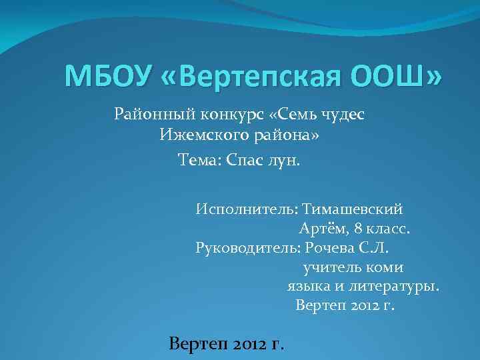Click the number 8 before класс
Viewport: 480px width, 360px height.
tap(359, 229)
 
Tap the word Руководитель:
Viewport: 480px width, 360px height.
tap(247, 249)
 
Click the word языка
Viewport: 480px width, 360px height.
tap(305, 287)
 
